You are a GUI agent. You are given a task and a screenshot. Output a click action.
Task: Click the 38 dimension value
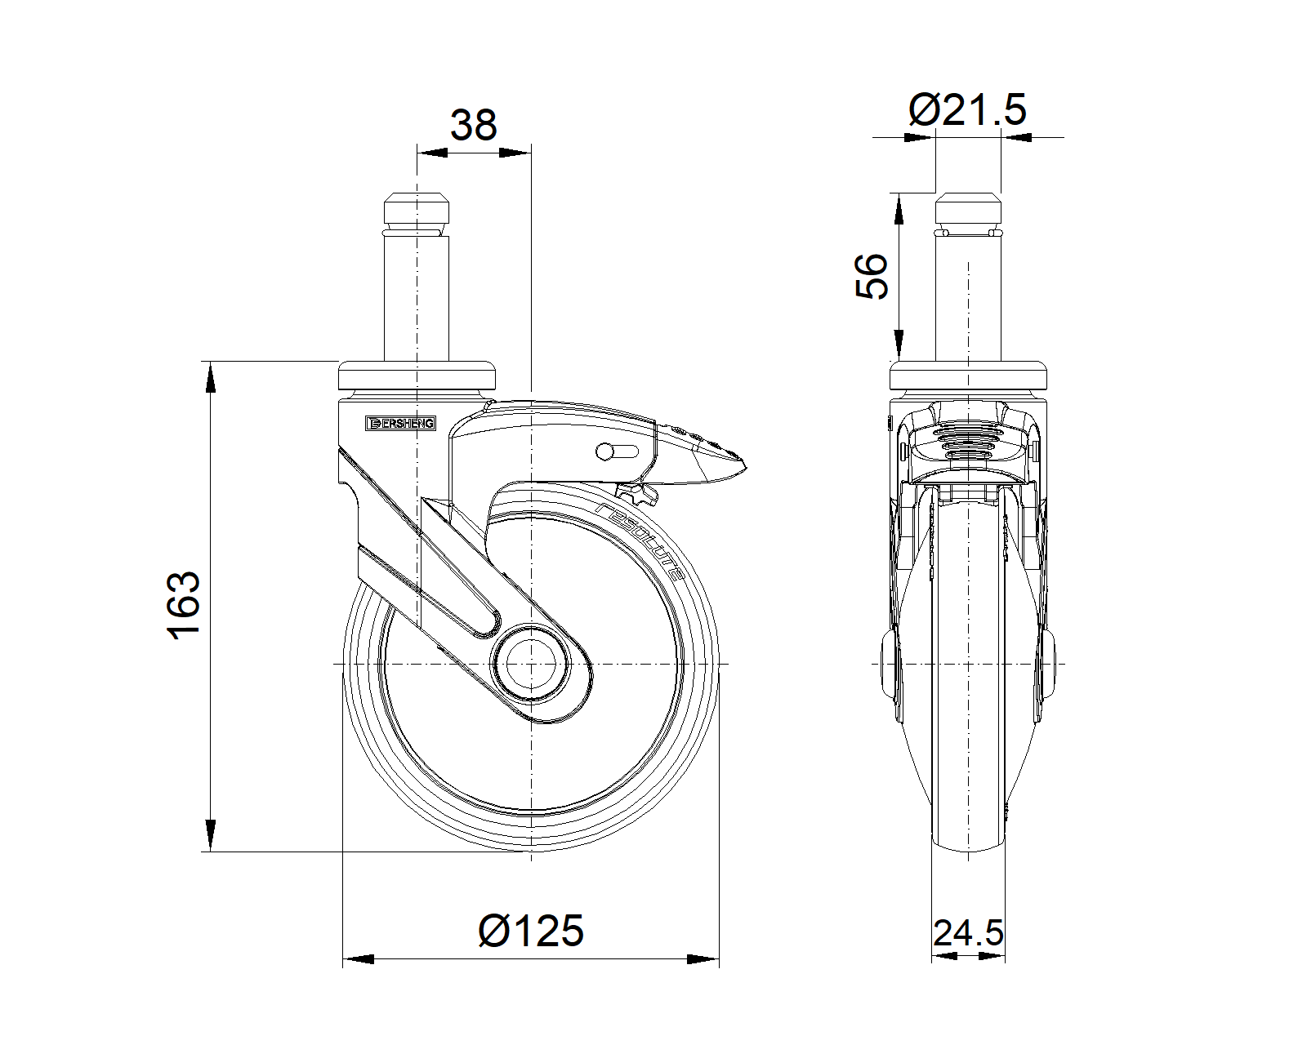pos(473,125)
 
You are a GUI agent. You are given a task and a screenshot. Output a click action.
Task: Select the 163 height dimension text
pos(184,606)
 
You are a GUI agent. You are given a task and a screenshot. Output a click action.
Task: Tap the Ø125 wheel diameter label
pos(531,930)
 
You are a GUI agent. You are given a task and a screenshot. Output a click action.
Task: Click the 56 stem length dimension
pos(872,276)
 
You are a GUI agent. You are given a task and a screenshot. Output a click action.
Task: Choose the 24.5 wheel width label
pos(968,932)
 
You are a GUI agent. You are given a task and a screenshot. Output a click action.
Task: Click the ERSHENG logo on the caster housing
pos(400,423)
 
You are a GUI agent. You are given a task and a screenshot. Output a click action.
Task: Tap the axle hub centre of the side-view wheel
pos(532,665)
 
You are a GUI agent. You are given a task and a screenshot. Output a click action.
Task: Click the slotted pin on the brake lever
pos(617,451)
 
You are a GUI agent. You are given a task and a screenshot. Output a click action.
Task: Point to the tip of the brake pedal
pos(746,468)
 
